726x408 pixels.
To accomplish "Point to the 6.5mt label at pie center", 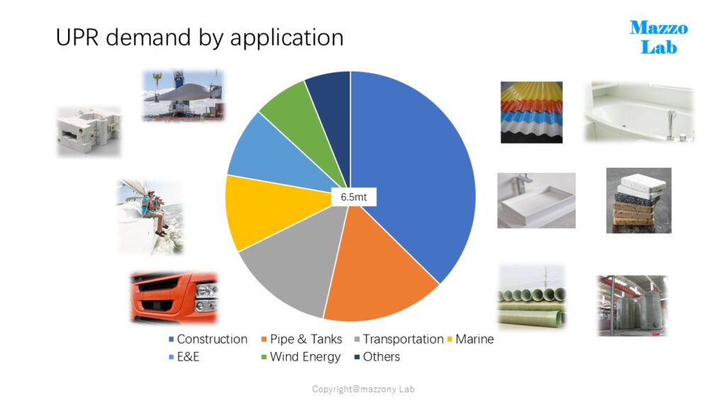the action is [354, 197].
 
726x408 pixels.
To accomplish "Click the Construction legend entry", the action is [208, 339].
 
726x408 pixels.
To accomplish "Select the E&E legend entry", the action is [184, 357].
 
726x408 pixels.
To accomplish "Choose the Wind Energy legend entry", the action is [301, 357].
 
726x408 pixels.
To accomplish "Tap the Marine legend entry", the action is [471, 339].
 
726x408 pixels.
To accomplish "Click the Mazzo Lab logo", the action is [659, 37].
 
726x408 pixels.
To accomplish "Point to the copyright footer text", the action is [364, 389].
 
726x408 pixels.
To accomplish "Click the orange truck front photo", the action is [174, 297].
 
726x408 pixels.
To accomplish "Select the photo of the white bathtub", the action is [639, 111].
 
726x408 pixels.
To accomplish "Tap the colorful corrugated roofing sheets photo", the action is [532, 113].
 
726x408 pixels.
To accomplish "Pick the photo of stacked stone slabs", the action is [639, 200].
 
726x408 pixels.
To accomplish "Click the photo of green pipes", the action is [532, 297].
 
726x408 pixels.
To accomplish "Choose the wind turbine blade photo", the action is [184, 96].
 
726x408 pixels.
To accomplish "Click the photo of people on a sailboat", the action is [150, 217].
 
